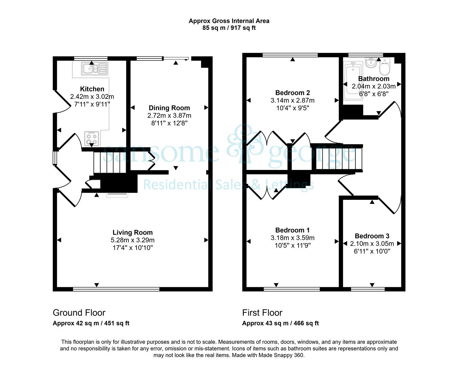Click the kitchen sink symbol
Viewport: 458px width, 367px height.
[94, 69]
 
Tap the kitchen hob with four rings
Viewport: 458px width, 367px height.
[92, 139]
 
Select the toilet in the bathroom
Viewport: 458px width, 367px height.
[385, 66]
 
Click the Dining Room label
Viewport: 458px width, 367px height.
[169, 108]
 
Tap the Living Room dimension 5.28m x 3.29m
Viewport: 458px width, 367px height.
[133, 240]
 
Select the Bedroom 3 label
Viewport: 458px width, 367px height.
[372, 236]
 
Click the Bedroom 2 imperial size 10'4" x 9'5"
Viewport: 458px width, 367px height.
[293, 108]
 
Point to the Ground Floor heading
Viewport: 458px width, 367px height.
[79, 313]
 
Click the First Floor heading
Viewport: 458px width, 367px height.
[262, 313]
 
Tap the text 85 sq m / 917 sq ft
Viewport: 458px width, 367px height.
[229, 28]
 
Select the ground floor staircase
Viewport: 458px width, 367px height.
[110, 162]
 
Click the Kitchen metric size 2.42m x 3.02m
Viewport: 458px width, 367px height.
[92, 97]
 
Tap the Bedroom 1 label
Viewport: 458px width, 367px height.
[293, 230]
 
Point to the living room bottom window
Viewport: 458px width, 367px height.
[116, 289]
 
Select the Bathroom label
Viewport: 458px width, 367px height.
[374, 78]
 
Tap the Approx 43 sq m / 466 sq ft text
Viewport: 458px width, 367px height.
[281, 323]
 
